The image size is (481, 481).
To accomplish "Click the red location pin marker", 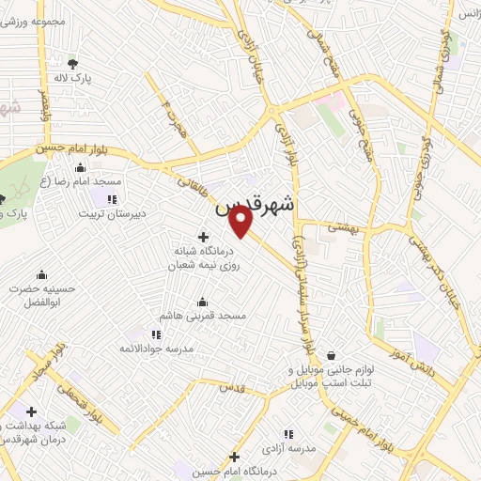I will click(x=241, y=221).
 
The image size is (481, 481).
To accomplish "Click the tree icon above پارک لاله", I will click(x=72, y=64).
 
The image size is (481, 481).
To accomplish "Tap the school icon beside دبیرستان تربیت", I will click(x=112, y=198).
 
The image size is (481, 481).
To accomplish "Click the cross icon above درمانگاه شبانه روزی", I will click(x=203, y=237).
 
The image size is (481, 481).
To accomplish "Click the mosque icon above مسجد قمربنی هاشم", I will click(x=202, y=303).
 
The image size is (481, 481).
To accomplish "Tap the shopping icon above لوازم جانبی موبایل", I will click(x=333, y=355).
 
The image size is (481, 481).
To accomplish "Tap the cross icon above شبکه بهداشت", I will click(x=31, y=411).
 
